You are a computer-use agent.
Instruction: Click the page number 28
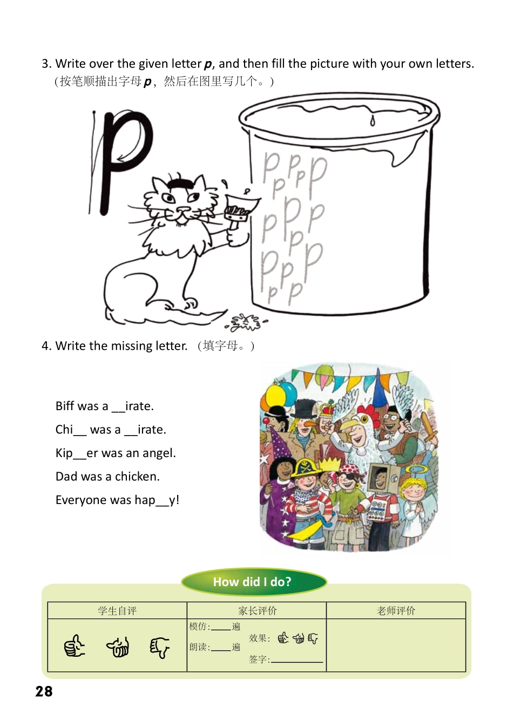click(44, 691)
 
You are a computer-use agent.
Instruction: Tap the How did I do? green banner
click(253, 582)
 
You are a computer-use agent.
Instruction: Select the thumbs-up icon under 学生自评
click(75, 646)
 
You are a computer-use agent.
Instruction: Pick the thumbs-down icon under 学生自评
click(159, 647)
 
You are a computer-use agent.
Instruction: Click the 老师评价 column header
click(396, 610)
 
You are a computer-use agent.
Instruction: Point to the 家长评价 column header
click(257, 610)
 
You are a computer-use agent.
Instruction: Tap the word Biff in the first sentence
click(65, 406)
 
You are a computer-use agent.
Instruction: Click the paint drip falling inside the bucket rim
click(373, 120)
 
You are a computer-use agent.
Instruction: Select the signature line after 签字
click(296, 661)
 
